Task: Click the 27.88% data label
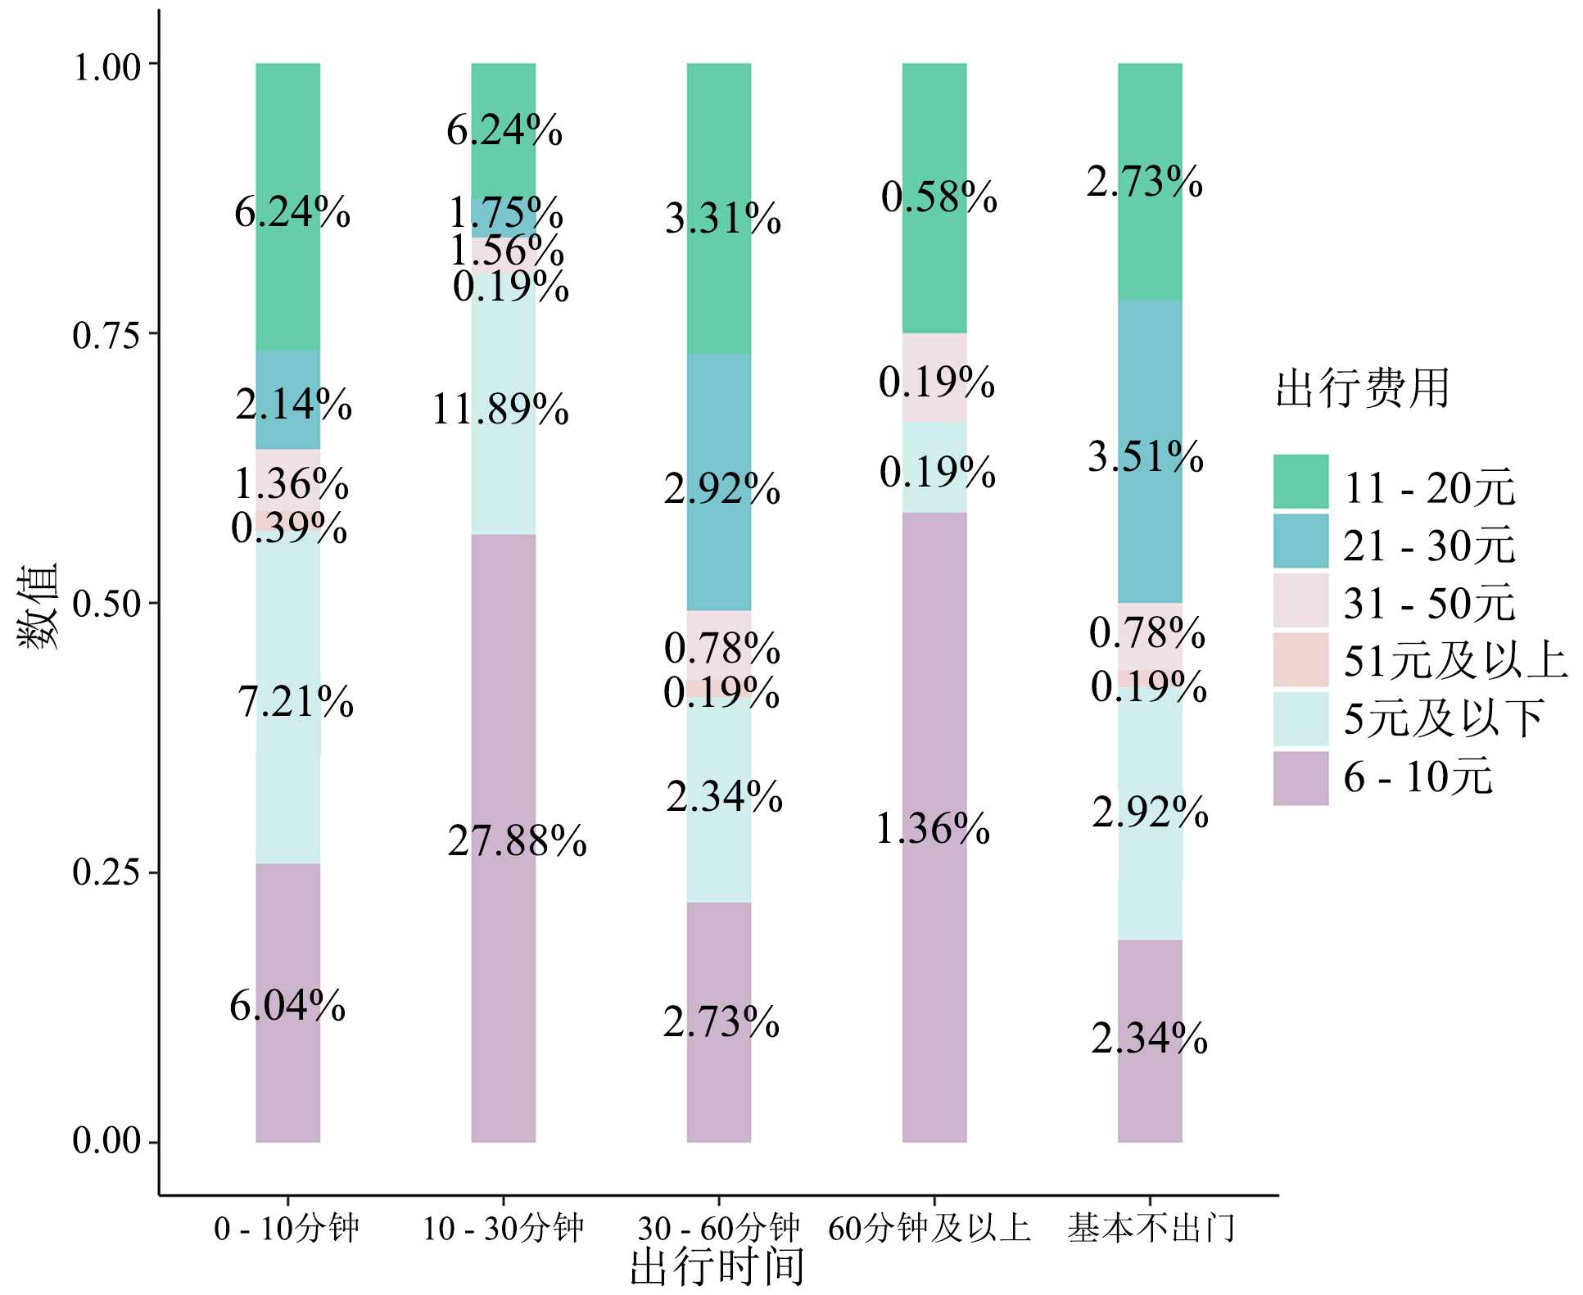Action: [x=517, y=841]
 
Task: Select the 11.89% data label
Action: [x=500, y=409]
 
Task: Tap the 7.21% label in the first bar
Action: [x=295, y=702]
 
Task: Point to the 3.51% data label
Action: [x=1145, y=456]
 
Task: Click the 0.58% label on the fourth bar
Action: [x=938, y=197]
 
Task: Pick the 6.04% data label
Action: [x=287, y=1005]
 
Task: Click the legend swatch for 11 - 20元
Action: [x=1300, y=482]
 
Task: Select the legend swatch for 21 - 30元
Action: [x=1300, y=541]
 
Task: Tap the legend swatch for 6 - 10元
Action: [x=1300, y=778]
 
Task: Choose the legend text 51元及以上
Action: [x=1454, y=660]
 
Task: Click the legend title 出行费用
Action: [x=1363, y=387]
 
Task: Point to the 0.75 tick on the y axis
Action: [x=106, y=335]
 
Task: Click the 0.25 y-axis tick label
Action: [x=106, y=872]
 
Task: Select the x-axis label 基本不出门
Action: [x=1150, y=1228]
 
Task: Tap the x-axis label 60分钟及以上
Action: [x=929, y=1228]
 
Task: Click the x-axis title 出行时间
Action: [x=717, y=1266]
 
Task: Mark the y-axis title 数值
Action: [x=38, y=604]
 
